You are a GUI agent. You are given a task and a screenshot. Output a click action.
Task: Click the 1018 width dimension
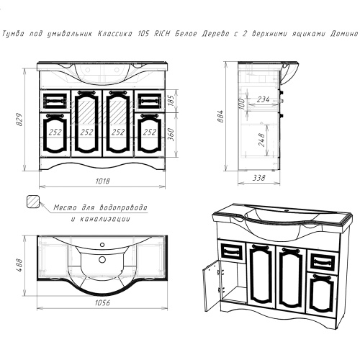coord(103,181)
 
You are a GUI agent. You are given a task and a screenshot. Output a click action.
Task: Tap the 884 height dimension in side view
coord(221,116)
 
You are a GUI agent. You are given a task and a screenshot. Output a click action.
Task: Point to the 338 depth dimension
coord(259,178)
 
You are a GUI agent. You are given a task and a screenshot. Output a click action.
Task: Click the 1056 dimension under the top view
coord(103,303)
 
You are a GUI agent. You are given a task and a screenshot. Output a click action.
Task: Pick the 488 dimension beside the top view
coord(19,265)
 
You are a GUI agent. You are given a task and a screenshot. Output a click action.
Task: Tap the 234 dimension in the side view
coord(263,99)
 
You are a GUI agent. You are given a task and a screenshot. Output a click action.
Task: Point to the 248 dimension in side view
coord(262,140)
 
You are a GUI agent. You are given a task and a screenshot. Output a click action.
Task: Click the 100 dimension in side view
coord(242,104)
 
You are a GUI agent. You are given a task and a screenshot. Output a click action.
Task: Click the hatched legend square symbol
coord(33,201)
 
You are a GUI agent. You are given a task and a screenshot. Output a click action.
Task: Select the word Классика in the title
coord(115,34)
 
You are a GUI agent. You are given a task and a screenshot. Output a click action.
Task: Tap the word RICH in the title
coord(161,33)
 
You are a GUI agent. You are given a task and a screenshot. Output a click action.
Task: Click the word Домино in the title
coord(344,34)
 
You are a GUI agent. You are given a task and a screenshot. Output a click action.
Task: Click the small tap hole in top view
coord(102,245)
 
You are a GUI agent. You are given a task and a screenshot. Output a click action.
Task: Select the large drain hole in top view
coord(102,259)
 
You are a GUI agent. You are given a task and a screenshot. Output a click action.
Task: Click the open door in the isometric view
coord(212,285)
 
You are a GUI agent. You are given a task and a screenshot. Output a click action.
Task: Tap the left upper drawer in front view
coord(55,101)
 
